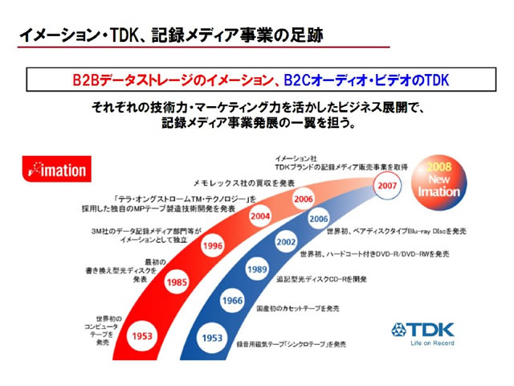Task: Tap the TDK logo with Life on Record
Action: tap(423, 332)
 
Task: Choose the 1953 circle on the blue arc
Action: tap(213, 337)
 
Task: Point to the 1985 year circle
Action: tap(178, 282)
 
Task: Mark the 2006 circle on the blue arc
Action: tap(318, 218)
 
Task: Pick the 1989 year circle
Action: tap(256, 270)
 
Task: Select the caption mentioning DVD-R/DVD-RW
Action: tap(375, 253)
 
